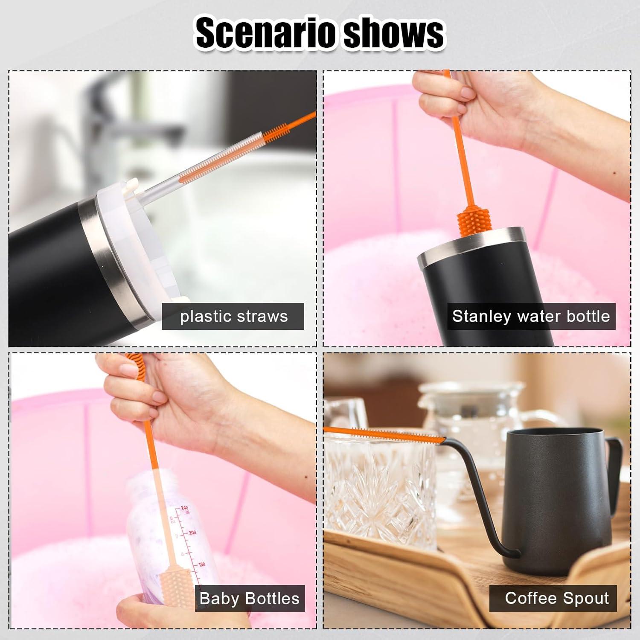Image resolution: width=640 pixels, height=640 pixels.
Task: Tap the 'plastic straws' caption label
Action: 233,317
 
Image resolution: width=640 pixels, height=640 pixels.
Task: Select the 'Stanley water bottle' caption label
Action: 531,316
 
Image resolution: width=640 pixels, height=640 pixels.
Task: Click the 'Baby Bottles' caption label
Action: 250,598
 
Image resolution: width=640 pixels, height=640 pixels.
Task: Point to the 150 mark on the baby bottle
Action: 201,564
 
